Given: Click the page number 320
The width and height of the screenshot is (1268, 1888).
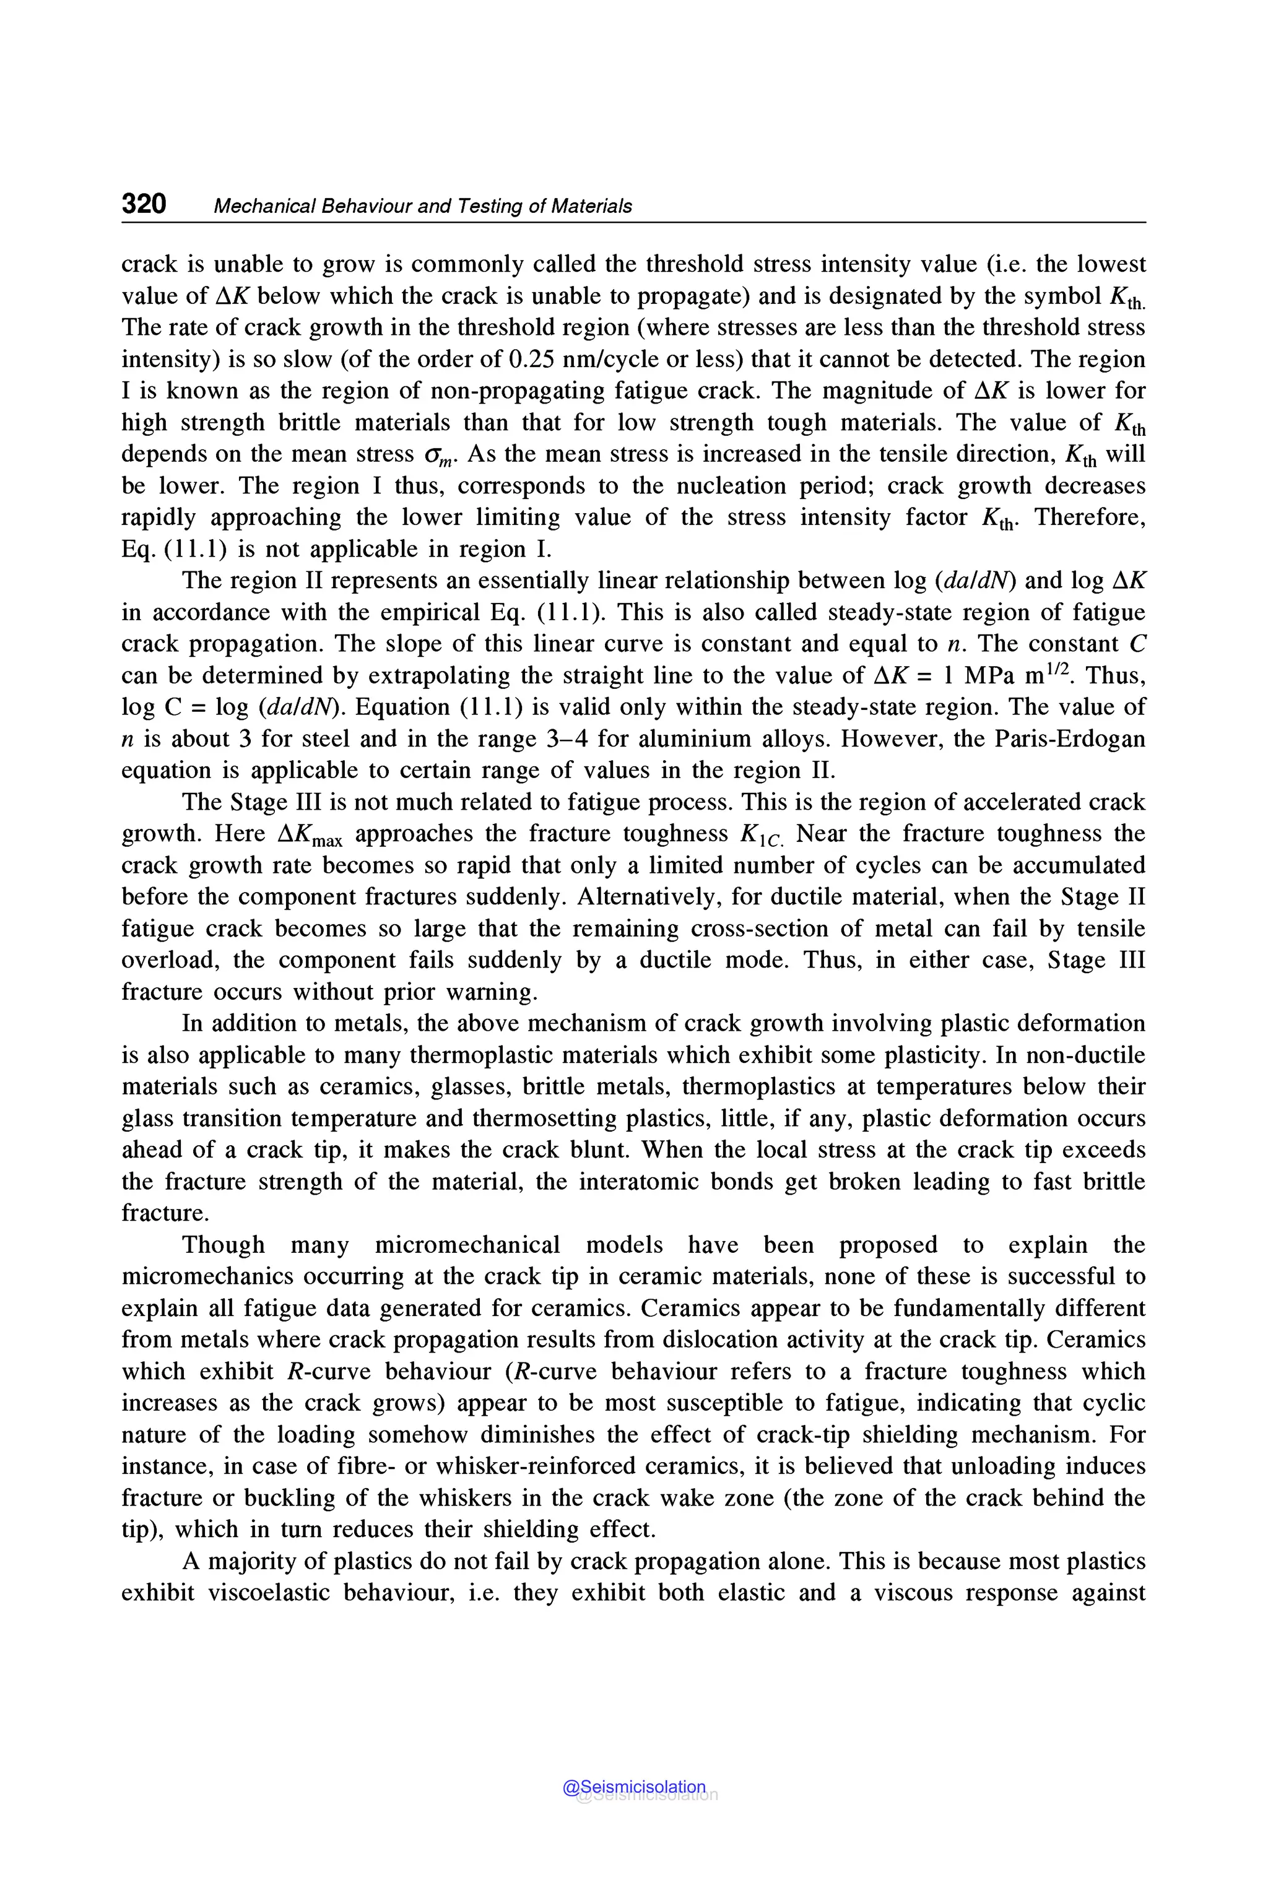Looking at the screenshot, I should pyautogui.click(x=144, y=204).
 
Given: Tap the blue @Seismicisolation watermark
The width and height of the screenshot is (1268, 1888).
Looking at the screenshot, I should pyautogui.click(x=634, y=1787).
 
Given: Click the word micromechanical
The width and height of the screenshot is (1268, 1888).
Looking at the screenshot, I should pyautogui.click(x=467, y=1244).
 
